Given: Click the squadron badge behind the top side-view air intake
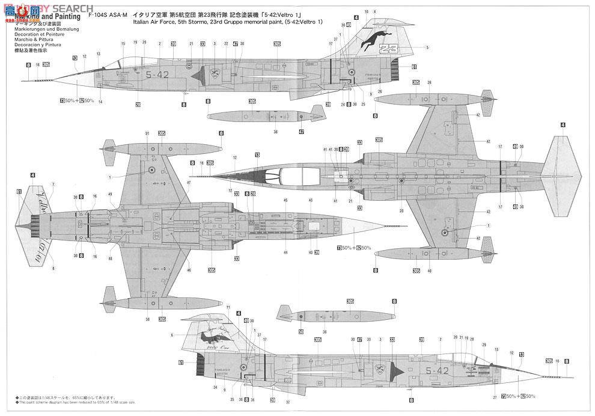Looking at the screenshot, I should (216, 75).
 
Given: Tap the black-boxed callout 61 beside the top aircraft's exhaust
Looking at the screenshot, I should (414, 67).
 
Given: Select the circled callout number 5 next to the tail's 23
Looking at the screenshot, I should (427, 47).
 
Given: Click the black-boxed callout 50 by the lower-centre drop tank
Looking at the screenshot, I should (301, 331).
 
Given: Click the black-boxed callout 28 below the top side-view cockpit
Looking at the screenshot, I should (138, 105).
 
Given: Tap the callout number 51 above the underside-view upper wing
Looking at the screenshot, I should (147, 133).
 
